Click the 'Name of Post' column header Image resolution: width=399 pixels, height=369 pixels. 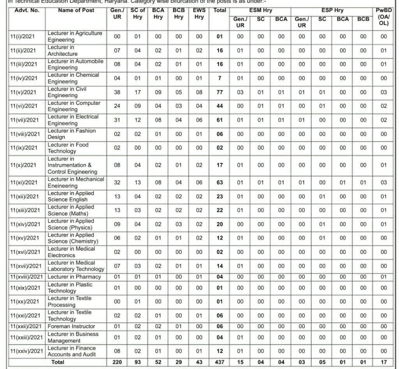[x=76, y=10]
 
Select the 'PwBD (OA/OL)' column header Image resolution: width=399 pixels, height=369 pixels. [x=384, y=17]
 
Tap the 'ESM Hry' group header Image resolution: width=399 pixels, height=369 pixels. [x=261, y=11]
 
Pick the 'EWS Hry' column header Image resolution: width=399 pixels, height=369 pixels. [x=199, y=14]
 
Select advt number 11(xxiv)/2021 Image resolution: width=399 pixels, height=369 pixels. [x=26, y=351]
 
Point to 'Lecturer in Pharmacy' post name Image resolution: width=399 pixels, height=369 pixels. [x=74, y=277]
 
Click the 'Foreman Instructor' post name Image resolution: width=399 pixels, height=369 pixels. [x=71, y=326]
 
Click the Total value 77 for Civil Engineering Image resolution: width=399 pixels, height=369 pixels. [x=220, y=92]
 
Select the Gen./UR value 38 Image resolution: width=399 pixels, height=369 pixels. [x=117, y=92]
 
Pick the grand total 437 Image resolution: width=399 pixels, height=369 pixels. [x=220, y=362]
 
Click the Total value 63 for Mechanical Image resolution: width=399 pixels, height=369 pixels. [x=220, y=182]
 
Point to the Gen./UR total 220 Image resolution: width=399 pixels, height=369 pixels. [x=117, y=362]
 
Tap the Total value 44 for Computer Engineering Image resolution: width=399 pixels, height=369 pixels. [x=220, y=106]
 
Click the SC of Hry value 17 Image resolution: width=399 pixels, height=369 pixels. [x=138, y=92]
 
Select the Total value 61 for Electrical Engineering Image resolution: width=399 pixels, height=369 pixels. [x=220, y=120]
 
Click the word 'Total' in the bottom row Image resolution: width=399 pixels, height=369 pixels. [x=58, y=362]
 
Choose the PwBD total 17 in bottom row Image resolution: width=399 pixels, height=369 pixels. [x=384, y=362]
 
